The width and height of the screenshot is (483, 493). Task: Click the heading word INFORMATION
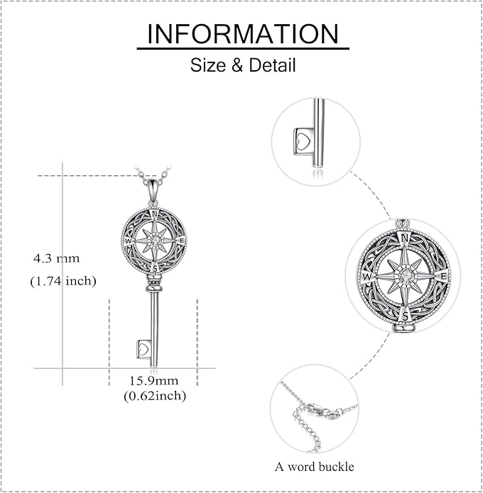tap(243, 33)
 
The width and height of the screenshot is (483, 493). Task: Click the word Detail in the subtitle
tap(272, 65)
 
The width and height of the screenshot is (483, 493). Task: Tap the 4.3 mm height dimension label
tap(57, 258)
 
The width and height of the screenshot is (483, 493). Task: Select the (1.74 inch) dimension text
tap(63, 280)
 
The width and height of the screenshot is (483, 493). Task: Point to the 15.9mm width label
tap(154, 381)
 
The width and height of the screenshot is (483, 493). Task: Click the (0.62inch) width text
tap(155, 396)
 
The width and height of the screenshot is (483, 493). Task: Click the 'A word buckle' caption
tap(314, 467)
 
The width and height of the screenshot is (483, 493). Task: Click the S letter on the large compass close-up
tap(406, 316)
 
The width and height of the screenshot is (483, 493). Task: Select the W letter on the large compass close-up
tap(367, 277)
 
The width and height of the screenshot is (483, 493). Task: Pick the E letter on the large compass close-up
tap(443, 276)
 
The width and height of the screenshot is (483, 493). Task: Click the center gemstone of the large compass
tap(405, 276)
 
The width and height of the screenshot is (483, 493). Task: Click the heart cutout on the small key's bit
tap(144, 349)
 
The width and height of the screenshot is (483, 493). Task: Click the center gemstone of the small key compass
tap(154, 241)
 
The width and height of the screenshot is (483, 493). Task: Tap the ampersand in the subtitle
tap(237, 65)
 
